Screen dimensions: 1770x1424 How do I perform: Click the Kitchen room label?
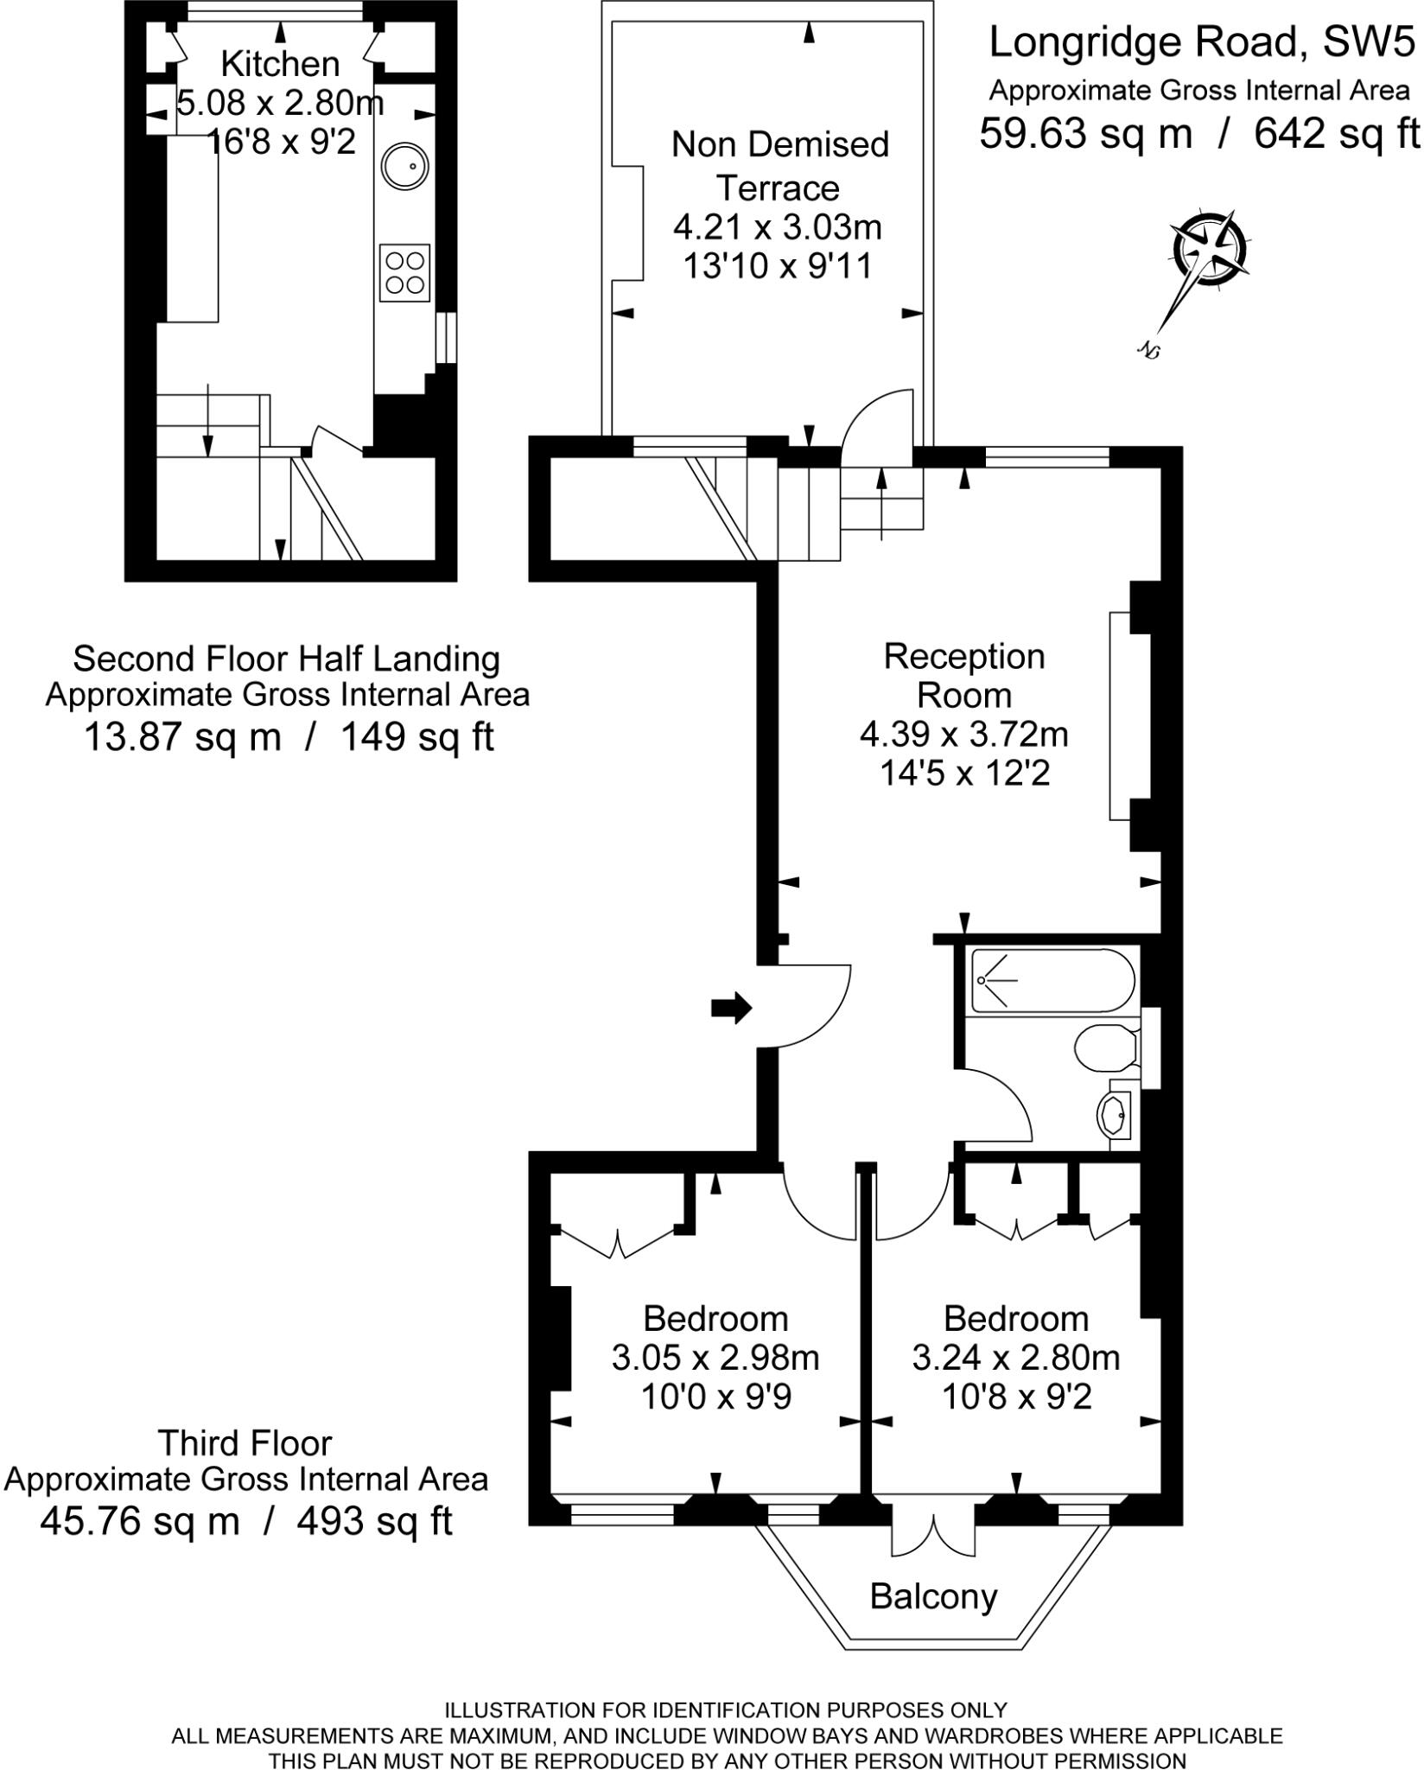click(280, 64)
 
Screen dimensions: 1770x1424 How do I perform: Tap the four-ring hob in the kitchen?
click(404, 271)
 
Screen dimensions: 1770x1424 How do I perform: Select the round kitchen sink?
click(404, 166)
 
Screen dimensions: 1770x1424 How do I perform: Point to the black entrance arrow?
click(731, 1008)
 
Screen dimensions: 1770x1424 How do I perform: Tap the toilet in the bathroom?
click(1105, 1048)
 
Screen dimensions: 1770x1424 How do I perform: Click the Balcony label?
click(933, 1596)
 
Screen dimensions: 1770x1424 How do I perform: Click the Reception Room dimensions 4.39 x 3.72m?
click(963, 735)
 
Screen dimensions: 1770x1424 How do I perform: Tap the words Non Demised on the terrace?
click(779, 144)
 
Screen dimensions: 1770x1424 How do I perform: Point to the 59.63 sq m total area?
click(1085, 133)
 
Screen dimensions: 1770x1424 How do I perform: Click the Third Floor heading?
click(245, 1443)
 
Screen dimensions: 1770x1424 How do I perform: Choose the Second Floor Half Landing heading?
click(286, 659)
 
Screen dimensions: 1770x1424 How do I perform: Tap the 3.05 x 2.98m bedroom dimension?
click(715, 1358)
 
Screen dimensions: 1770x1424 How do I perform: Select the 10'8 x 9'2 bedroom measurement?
click(1016, 1397)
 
